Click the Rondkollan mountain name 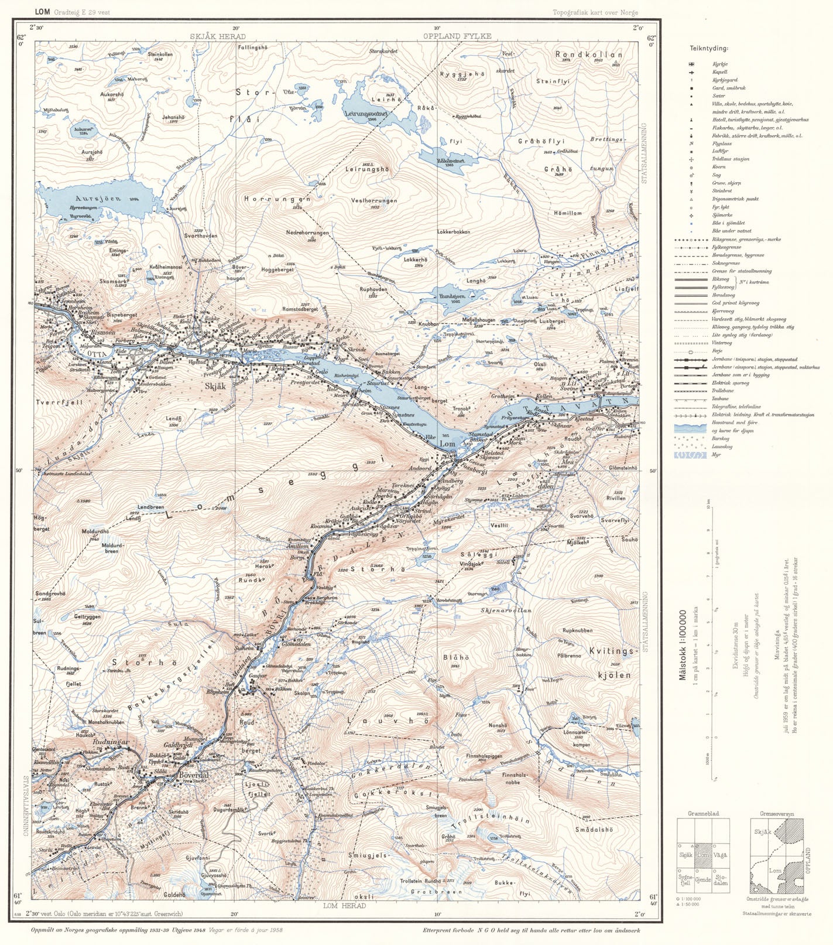point(588,54)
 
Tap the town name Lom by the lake point(447,444)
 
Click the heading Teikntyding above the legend point(708,49)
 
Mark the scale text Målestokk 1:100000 point(683,644)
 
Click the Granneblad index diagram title point(703,814)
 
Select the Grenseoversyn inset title point(776,814)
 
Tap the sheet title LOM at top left point(42,12)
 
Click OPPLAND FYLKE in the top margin point(457,36)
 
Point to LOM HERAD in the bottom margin point(344,906)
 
